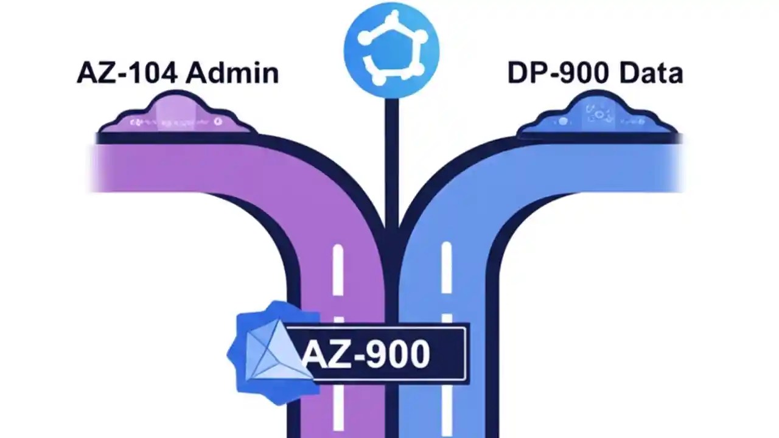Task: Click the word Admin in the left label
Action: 232,74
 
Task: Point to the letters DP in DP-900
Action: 523,74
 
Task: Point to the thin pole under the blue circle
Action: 391,158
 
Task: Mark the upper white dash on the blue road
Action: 447,268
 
